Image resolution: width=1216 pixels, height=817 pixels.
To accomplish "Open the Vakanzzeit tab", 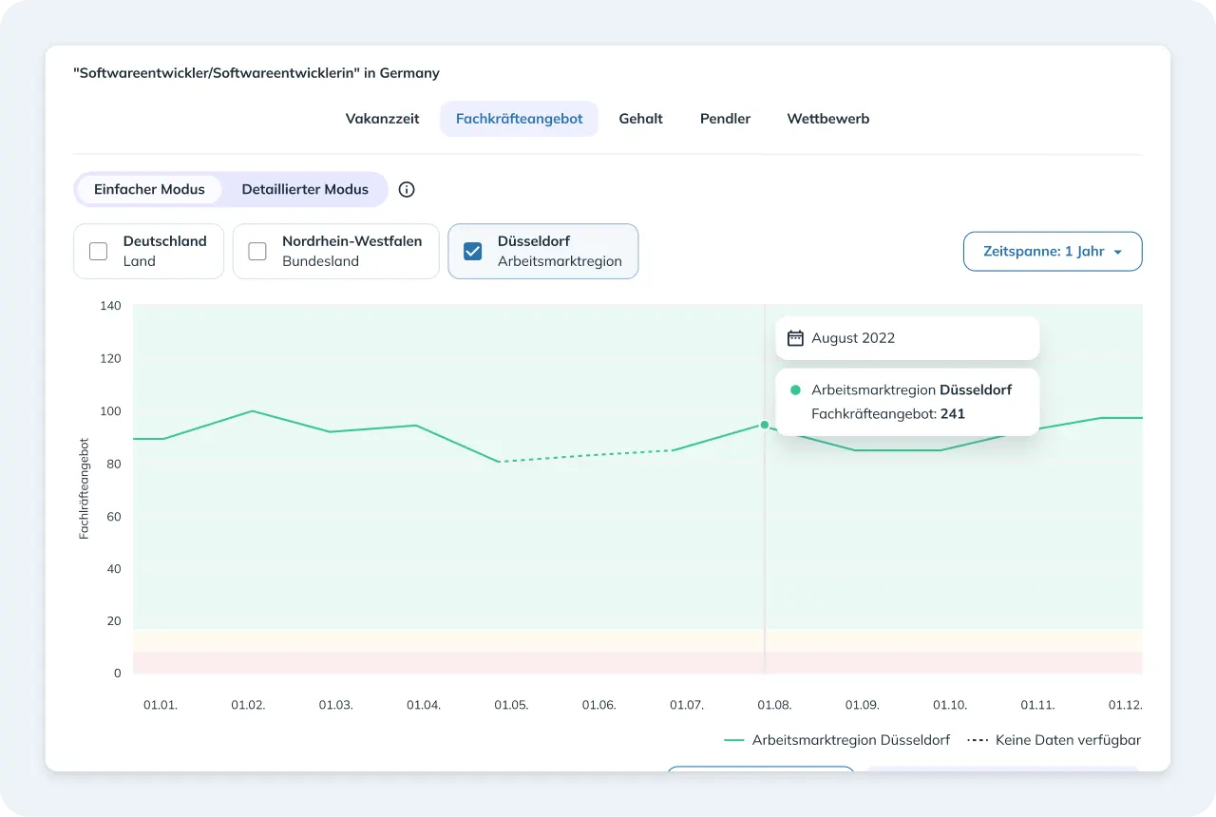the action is point(382,119).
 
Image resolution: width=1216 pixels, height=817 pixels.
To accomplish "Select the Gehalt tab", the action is point(640,119).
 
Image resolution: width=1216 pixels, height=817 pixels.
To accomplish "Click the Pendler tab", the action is point(725,119).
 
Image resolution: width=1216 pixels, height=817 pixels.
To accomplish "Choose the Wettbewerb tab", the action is point(827,119).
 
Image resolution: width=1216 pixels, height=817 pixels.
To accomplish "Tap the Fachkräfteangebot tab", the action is point(519,119).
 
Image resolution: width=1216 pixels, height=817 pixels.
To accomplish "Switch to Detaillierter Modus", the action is point(305,189).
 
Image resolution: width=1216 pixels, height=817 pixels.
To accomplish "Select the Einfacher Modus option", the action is point(149,189).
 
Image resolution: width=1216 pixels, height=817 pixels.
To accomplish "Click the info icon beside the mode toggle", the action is point(407,189).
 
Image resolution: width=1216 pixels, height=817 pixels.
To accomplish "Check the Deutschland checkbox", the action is point(98,252).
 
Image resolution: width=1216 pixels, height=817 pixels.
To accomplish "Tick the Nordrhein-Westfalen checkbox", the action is point(257,252).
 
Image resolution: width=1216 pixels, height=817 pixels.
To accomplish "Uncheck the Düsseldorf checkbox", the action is point(473,252).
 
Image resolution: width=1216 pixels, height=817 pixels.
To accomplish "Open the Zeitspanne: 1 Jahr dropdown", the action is point(1053,252).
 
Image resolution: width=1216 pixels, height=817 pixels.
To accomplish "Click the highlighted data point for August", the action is point(765,425).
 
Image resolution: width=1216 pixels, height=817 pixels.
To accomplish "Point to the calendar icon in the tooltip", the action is point(795,337).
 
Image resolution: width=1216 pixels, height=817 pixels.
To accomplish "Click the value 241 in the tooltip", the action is point(953,413).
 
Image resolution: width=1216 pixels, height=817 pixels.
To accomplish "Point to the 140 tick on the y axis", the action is point(110,306).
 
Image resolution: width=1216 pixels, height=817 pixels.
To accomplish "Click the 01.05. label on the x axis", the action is point(511,705).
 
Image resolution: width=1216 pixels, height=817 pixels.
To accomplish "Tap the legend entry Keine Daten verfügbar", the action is point(1054,740).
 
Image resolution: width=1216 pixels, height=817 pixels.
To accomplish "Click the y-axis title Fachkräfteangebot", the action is point(84,488).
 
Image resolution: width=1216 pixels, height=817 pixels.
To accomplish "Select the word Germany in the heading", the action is point(409,73).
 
